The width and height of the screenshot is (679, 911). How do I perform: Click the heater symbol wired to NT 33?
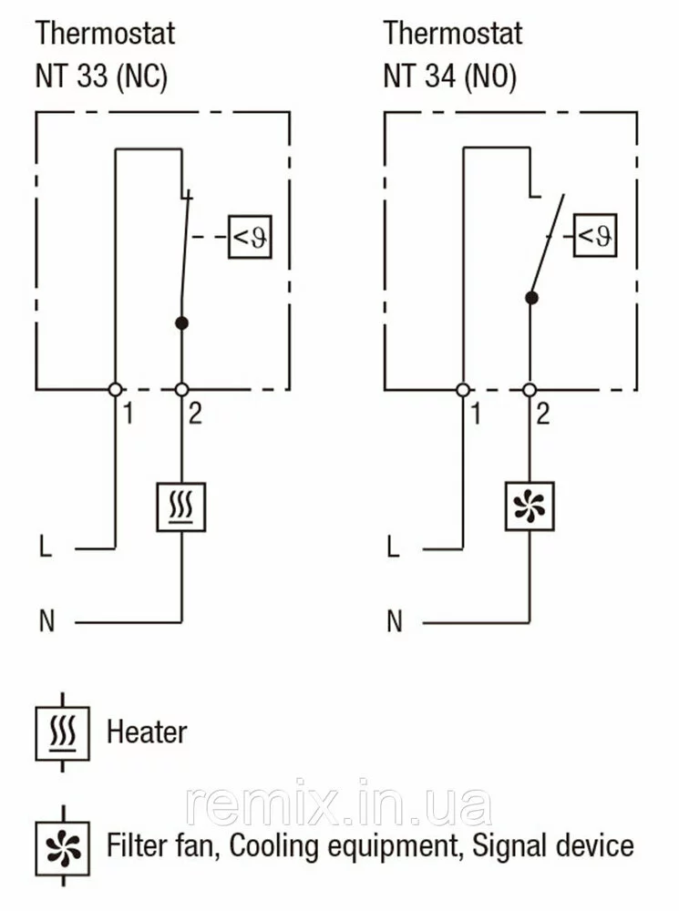pyautogui.click(x=181, y=507)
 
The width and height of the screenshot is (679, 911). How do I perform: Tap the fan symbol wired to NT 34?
pyautogui.click(x=530, y=506)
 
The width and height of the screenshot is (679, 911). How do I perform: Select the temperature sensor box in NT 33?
pyautogui.click(x=250, y=239)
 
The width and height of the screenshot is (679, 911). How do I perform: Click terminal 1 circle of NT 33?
pyautogui.click(x=116, y=389)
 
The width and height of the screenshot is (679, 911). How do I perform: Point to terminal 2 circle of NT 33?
pyautogui.click(x=181, y=389)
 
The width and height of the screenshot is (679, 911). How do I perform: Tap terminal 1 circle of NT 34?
pyautogui.click(x=463, y=389)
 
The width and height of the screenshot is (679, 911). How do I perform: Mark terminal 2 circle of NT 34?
pyautogui.click(x=530, y=389)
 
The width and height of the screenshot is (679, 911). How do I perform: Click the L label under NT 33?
pyautogui.click(x=46, y=548)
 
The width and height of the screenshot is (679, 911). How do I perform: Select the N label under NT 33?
pyautogui.click(x=46, y=622)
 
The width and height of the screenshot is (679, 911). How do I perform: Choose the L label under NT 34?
pyautogui.click(x=393, y=548)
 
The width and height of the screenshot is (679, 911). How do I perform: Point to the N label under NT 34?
pyautogui.click(x=394, y=622)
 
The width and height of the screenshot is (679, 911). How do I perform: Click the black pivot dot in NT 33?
pyautogui.click(x=181, y=322)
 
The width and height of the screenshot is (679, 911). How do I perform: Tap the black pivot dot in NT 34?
pyautogui.click(x=530, y=297)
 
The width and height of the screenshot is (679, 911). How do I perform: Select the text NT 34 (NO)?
pyautogui.click(x=449, y=76)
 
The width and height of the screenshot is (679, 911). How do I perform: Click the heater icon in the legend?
pyautogui.click(x=62, y=732)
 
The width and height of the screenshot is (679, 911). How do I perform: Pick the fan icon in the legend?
pyautogui.click(x=62, y=844)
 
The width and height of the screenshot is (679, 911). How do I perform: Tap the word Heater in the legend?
pyautogui.click(x=147, y=732)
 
